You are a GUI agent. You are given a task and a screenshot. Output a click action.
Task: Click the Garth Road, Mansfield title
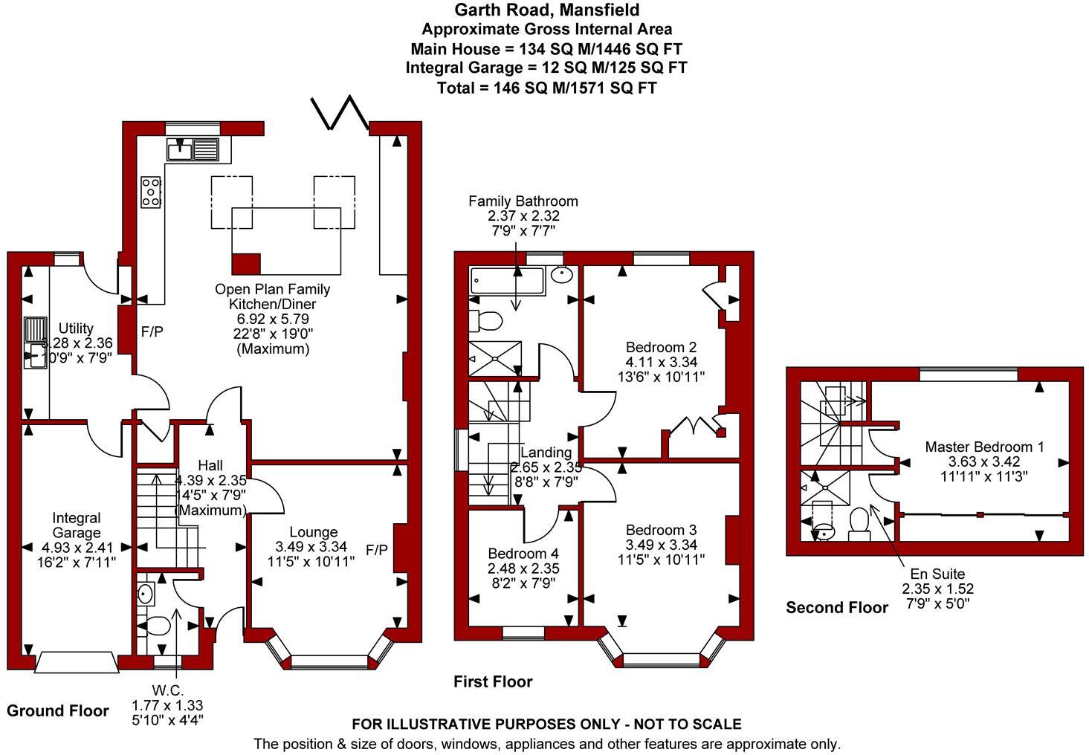[x=546, y=10]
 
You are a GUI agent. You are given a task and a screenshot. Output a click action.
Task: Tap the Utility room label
[x=76, y=328]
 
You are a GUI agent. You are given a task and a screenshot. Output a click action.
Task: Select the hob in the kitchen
[x=151, y=192]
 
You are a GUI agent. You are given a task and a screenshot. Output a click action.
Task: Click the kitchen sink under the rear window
[x=193, y=149]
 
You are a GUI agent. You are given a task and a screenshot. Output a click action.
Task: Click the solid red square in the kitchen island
[x=246, y=264]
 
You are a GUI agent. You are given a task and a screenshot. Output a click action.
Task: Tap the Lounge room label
[x=313, y=532]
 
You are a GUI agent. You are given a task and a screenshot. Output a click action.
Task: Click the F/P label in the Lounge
[x=376, y=550]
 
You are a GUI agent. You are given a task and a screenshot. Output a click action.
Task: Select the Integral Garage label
[x=76, y=525]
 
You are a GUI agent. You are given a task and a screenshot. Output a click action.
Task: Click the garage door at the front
[x=77, y=662]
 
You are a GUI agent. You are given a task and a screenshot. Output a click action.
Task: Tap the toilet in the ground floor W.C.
[x=156, y=627]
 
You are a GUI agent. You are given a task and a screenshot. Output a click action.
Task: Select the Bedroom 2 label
[x=661, y=347]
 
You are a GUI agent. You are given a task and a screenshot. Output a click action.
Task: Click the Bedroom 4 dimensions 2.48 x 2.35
[x=523, y=568]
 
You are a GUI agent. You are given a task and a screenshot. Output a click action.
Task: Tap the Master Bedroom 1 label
[x=984, y=447]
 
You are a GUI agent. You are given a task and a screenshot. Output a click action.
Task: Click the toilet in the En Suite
[x=859, y=523]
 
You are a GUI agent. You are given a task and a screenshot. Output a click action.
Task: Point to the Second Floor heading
[x=837, y=608]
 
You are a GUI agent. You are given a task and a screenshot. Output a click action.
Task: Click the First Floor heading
[x=493, y=681]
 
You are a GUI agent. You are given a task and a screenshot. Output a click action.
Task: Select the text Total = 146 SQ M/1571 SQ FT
[x=546, y=88]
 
